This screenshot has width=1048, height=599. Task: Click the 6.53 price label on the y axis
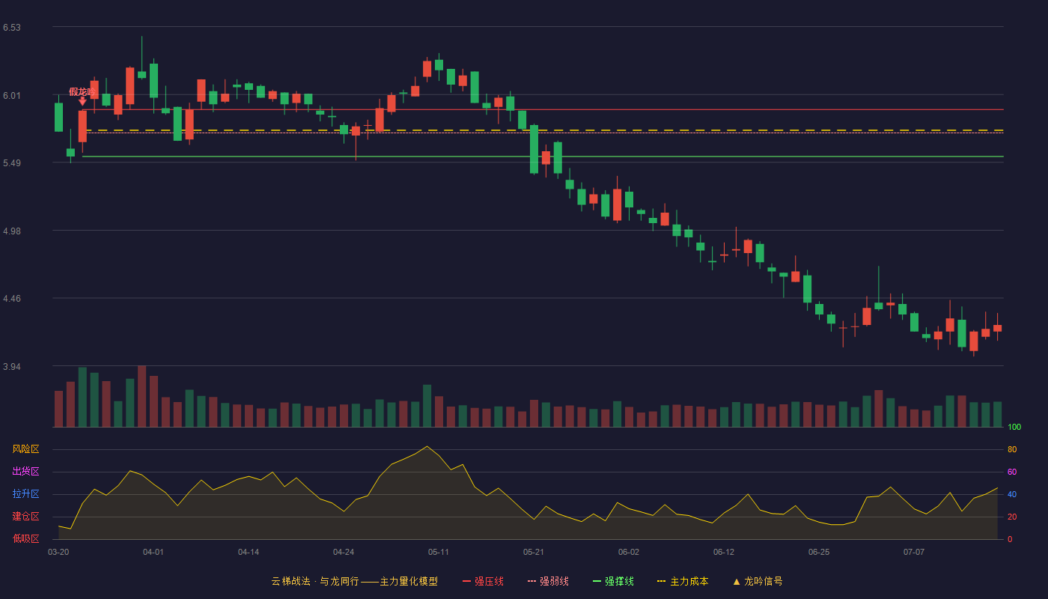[12, 28]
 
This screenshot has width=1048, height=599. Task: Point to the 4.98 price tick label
[12, 231]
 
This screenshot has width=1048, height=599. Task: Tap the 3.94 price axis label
[12, 366]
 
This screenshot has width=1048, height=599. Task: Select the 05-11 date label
[439, 553]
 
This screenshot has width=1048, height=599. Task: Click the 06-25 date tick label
[819, 553]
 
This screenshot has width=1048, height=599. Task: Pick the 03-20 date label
[58, 553]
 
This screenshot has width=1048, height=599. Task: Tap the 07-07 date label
[914, 553]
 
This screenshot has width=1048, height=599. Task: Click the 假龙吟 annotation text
[82, 91]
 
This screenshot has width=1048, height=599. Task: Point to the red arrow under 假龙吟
[82, 101]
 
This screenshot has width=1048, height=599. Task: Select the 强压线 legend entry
[483, 581]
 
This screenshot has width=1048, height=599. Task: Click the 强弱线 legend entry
[548, 581]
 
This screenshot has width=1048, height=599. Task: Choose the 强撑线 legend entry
[613, 581]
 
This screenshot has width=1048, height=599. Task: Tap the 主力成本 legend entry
[683, 581]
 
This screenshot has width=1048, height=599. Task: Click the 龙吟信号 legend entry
[758, 581]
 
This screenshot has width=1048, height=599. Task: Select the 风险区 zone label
[25, 449]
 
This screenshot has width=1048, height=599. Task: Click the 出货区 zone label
[25, 471]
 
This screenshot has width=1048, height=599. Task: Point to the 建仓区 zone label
[25, 516]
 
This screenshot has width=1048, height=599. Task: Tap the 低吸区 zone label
[25, 538]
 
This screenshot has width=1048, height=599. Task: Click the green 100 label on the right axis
[1014, 427]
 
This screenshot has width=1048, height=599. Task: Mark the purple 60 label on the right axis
[1012, 472]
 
